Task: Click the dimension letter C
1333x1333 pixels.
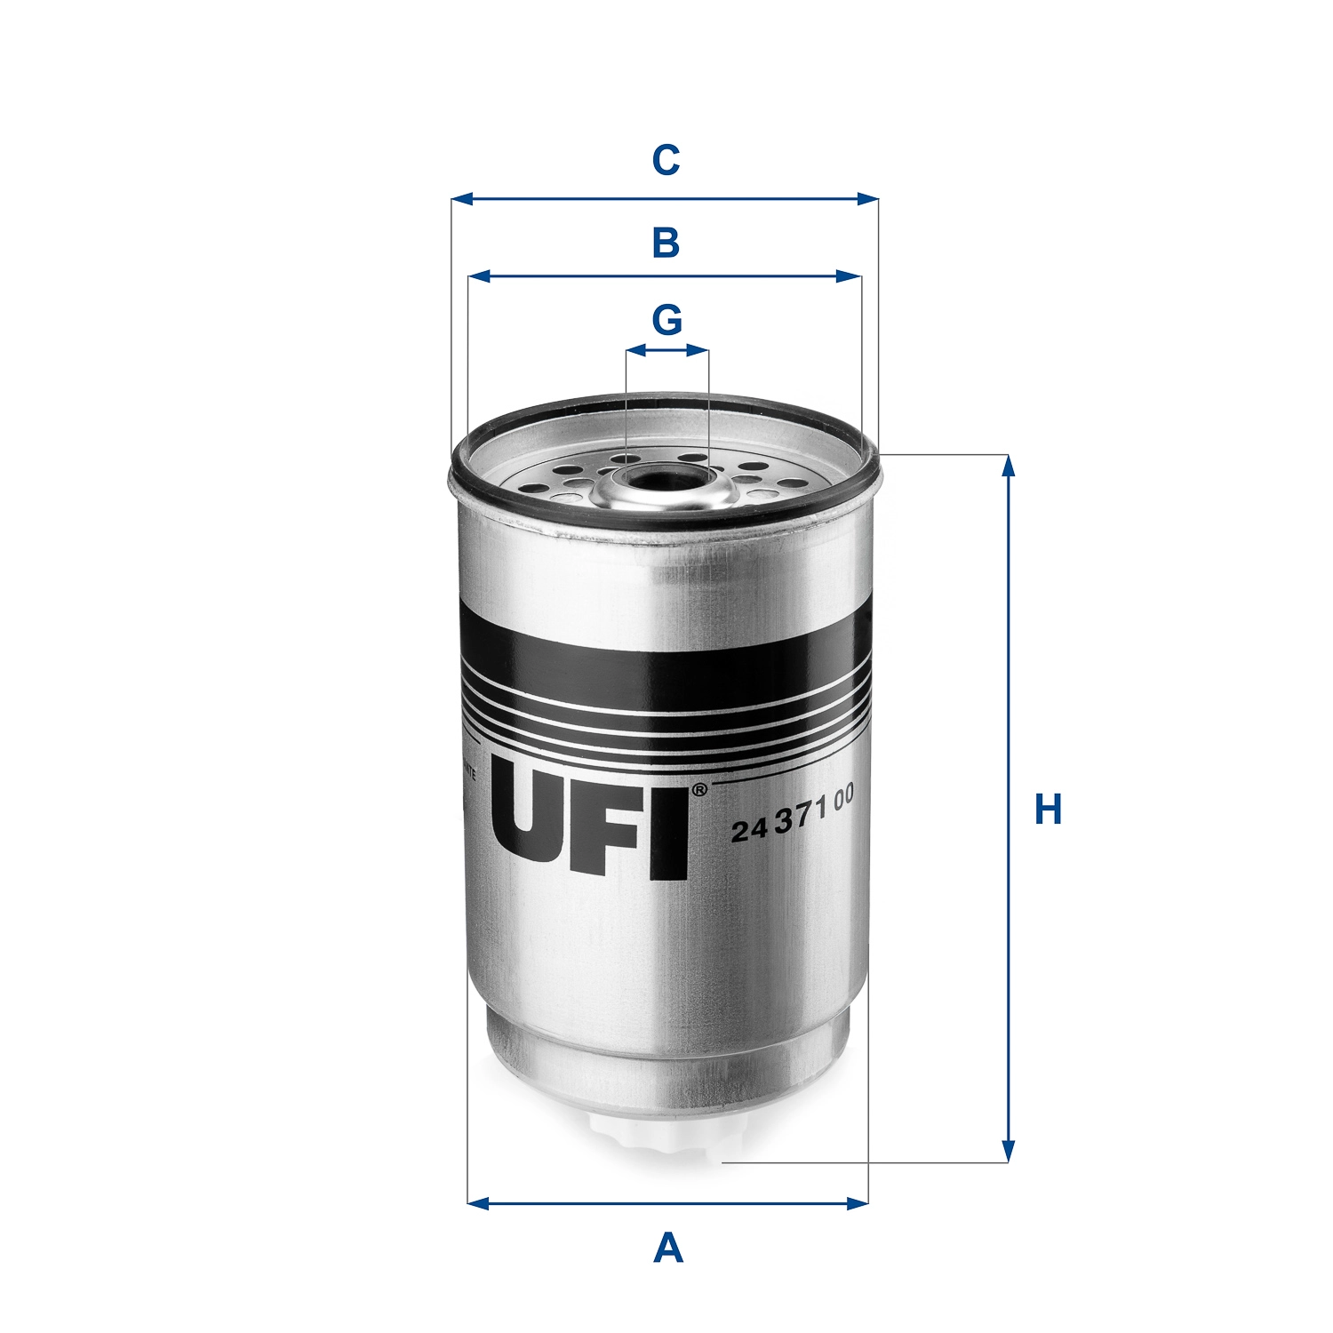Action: pos(666,161)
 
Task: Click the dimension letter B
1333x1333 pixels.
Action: pos(666,243)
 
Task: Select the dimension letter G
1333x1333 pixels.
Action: pos(666,320)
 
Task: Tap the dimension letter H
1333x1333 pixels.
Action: pos(1049,810)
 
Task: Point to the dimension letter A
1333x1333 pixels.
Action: pos(667,1249)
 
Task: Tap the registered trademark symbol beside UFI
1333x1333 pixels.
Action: pos(699,789)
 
